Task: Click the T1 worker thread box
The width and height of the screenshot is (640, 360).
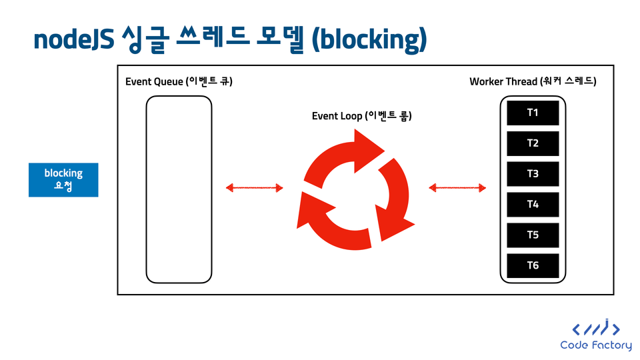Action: click(x=533, y=113)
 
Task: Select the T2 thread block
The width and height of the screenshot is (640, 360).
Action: click(x=533, y=143)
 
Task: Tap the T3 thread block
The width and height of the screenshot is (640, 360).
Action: click(x=533, y=174)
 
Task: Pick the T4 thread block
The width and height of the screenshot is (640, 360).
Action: click(x=533, y=205)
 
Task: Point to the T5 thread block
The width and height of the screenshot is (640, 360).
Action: click(x=533, y=235)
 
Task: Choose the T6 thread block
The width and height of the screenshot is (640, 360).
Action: click(x=533, y=266)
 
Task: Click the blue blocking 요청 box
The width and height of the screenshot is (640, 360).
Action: click(x=63, y=180)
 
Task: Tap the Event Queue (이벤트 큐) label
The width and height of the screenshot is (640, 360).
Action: click(x=179, y=81)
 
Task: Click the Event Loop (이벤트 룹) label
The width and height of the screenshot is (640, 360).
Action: click(x=361, y=116)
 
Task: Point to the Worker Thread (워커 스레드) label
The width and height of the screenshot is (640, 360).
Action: click(x=533, y=81)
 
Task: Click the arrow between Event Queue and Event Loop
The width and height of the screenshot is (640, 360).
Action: click(x=254, y=188)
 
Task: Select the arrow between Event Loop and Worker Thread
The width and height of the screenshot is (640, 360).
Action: click(x=457, y=188)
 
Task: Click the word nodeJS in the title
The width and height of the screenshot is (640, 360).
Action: click(x=73, y=40)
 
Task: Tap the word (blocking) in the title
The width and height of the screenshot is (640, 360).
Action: click(x=369, y=40)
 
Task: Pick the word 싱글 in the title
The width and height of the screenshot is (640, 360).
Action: click(x=145, y=39)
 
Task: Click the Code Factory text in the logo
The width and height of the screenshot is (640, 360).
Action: click(x=596, y=345)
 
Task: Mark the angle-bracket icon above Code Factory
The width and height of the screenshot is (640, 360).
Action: click(x=596, y=327)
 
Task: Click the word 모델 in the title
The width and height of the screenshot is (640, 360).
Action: click(x=281, y=39)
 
